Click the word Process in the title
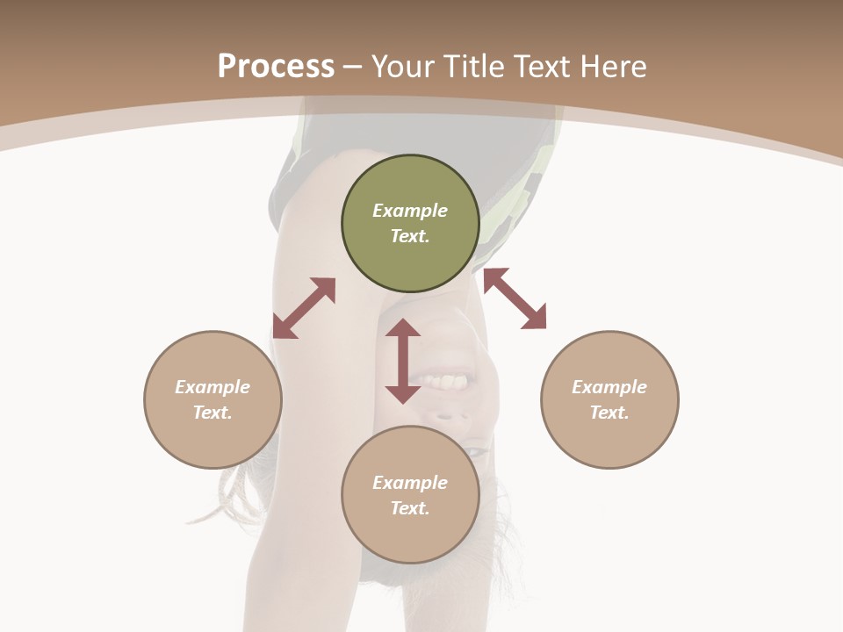pyautogui.click(x=276, y=67)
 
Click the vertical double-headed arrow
pyautogui.click(x=403, y=361)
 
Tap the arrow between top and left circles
pyautogui.click(x=304, y=308)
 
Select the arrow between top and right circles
pyautogui.click(x=515, y=298)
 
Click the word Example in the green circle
pyautogui.click(x=410, y=211)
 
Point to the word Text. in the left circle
pyautogui.click(x=213, y=413)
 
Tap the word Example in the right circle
pyautogui.click(x=609, y=387)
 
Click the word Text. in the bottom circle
pyautogui.click(x=410, y=508)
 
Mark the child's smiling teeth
pyautogui.click(x=447, y=382)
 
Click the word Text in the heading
pyautogui.click(x=538, y=67)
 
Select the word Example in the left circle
pyautogui.click(x=213, y=387)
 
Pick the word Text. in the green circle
pyautogui.click(x=410, y=236)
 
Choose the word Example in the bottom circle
pyautogui.click(x=410, y=483)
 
